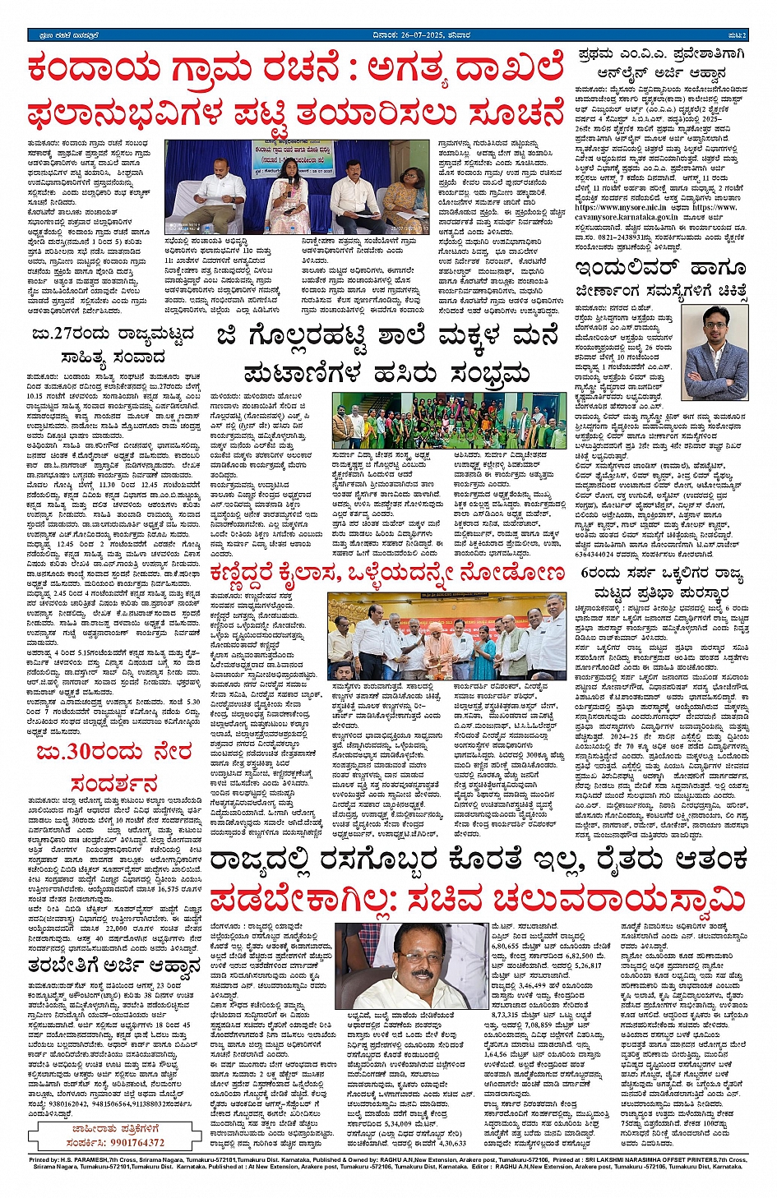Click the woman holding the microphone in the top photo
coord(291,189)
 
